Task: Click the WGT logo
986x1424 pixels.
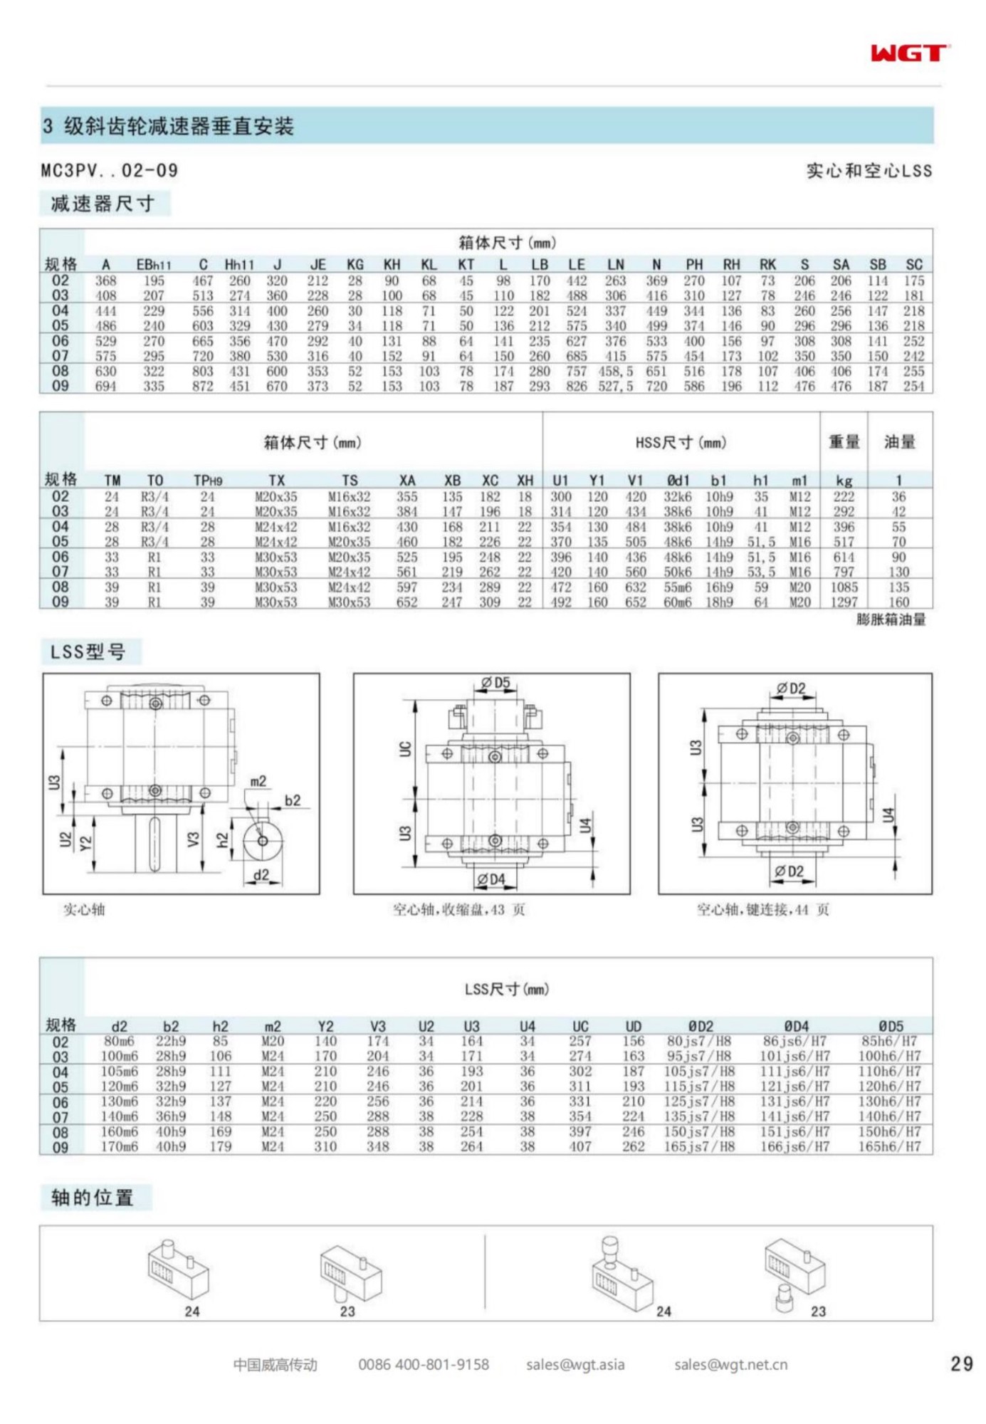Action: point(909,53)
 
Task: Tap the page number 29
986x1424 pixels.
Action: point(961,1363)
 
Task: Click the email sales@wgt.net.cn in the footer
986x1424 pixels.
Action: point(730,1364)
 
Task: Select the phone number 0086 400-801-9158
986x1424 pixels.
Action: point(424,1364)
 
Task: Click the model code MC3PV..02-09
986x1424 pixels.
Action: point(109,171)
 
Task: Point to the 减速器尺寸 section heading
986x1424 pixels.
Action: point(103,204)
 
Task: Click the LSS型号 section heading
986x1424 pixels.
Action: point(88,651)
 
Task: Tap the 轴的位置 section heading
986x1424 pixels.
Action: point(93,1198)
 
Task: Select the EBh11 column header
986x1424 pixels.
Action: point(153,265)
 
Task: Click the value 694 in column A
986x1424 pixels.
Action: point(105,386)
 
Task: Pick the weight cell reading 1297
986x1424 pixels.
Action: point(844,602)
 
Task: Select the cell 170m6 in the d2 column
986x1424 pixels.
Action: point(119,1147)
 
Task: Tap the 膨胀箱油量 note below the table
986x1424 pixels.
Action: point(891,619)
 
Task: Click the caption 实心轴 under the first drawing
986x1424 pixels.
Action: point(84,909)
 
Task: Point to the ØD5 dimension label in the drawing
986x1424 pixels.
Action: point(495,683)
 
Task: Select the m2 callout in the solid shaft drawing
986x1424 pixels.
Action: point(258,782)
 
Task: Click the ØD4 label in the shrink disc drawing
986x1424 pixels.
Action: point(491,879)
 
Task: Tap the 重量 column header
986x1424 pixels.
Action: point(844,442)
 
